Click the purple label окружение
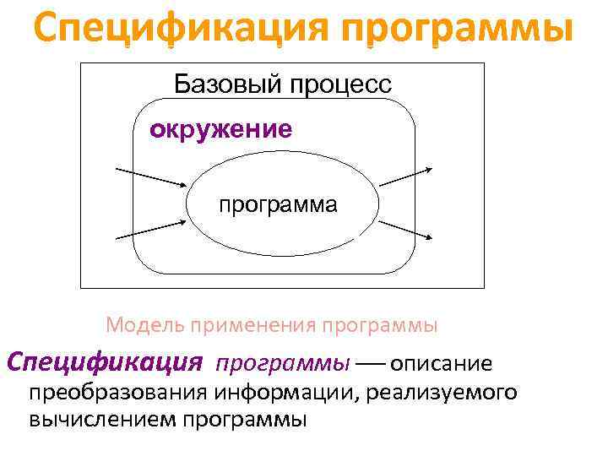[220, 129]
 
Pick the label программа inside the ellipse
[278, 205]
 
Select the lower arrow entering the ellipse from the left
[150, 228]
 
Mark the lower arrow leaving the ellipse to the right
[406, 231]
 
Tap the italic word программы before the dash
[283, 364]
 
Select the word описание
[440, 364]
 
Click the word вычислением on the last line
[101, 419]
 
